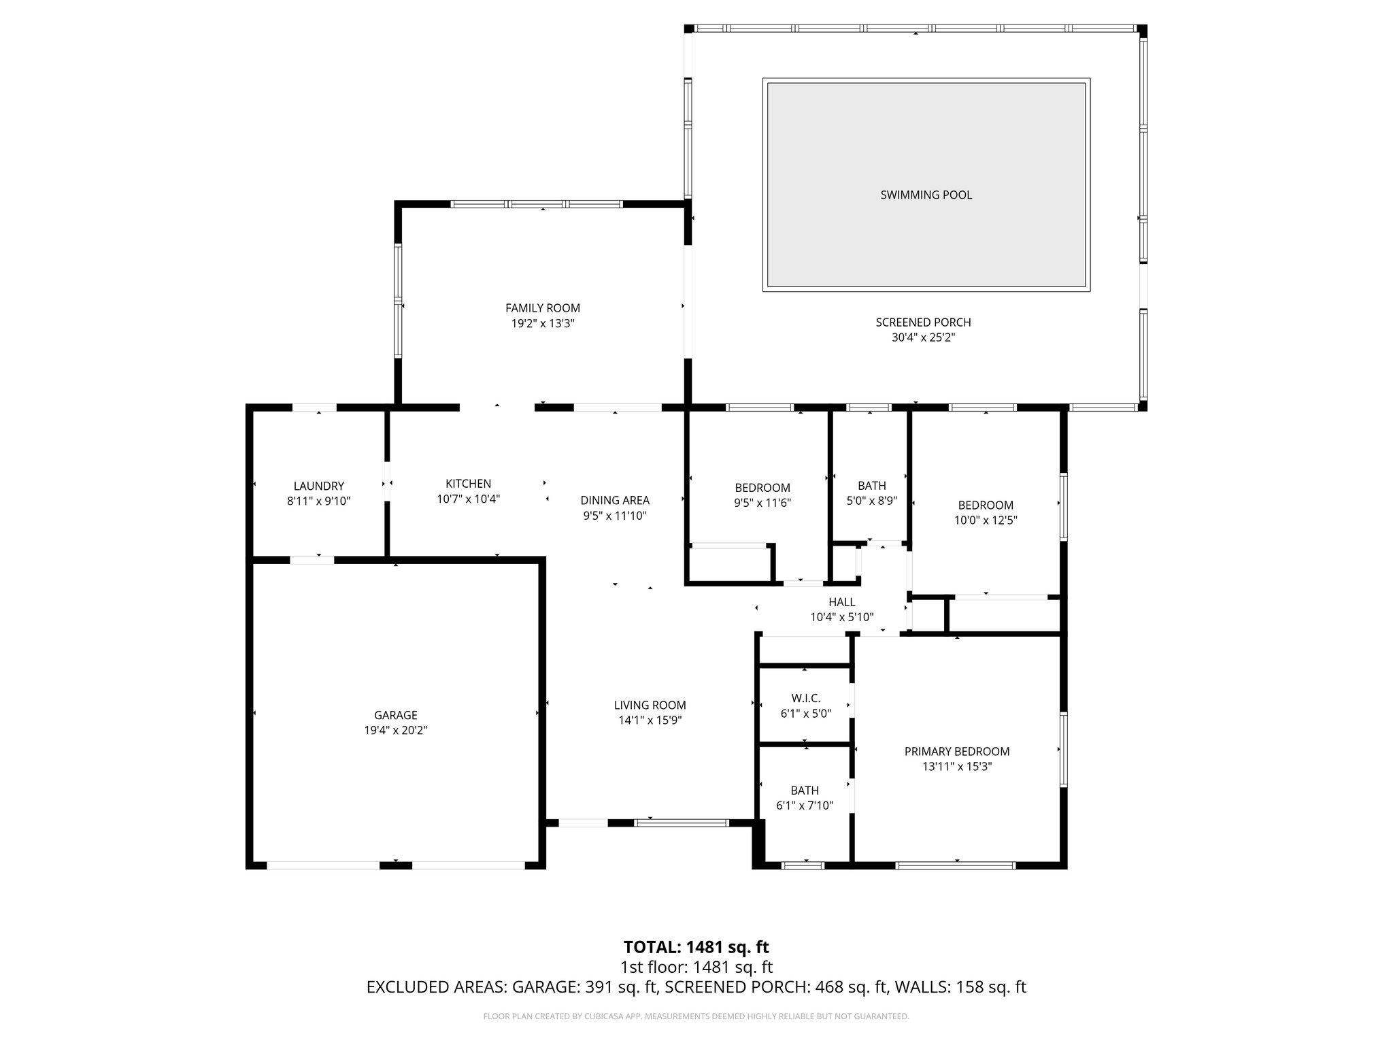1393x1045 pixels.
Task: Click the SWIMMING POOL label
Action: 926,195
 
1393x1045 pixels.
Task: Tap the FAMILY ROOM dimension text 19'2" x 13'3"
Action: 543,324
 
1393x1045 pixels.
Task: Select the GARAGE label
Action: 395,715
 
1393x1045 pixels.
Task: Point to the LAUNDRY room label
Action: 318,486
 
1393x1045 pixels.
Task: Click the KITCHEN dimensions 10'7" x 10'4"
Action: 468,499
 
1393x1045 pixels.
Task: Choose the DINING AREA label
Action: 614,500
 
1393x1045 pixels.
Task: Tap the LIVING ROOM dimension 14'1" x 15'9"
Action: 650,720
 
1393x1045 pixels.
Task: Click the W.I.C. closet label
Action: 805,698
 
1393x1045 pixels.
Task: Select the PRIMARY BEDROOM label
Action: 956,751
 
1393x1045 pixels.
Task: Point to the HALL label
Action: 841,602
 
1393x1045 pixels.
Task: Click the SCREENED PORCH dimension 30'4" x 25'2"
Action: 923,337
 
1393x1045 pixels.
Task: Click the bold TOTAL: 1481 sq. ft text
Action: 696,947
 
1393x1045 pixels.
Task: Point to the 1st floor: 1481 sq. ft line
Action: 696,967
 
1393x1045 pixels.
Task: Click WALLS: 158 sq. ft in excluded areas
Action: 960,987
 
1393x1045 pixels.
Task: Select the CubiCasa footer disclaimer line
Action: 696,1016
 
